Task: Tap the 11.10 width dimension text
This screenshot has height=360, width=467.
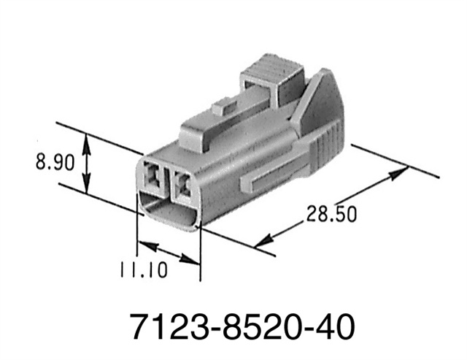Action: (142, 269)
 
